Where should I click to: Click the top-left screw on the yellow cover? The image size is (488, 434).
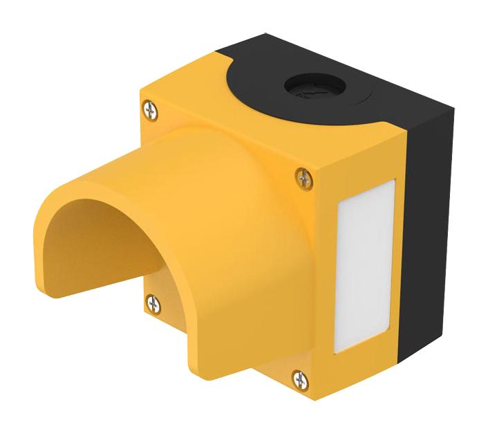pyautogui.click(x=150, y=109)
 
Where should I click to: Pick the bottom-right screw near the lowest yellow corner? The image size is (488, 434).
pyautogui.click(x=300, y=379)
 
